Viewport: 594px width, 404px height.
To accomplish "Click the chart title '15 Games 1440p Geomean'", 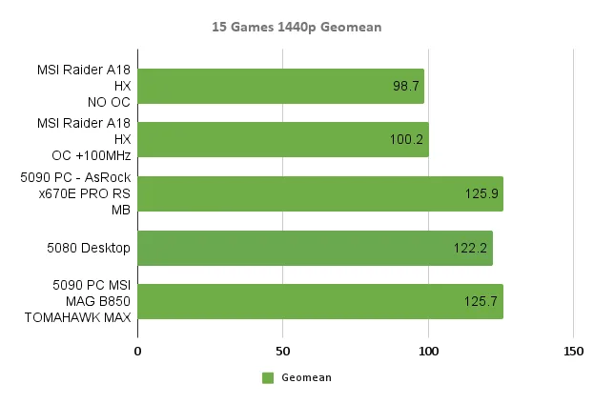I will [x=297, y=27].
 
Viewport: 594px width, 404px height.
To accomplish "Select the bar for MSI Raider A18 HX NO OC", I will [x=281, y=86].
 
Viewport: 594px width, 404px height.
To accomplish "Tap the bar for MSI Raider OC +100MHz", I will [x=283, y=139].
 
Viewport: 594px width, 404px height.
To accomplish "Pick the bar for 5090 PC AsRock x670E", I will [x=320, y=193].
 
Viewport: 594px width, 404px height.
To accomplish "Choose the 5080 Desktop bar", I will [x=315, y=248].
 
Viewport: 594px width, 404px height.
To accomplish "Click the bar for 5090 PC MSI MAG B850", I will [x=320, y=301].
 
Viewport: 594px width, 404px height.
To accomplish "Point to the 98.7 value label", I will [x=406, y=86].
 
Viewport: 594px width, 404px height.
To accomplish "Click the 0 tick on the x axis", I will [x=138, y=352].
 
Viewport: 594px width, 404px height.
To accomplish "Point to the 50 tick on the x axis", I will [x=283, y=352].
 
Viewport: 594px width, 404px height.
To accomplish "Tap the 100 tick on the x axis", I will [x=428, y=352].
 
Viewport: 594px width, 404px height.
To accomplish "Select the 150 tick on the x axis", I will [x=573, y=352].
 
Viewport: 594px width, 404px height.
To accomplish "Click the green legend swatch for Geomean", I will [x=268, y=378].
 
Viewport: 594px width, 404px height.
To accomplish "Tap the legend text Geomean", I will [x=306, y=378].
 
